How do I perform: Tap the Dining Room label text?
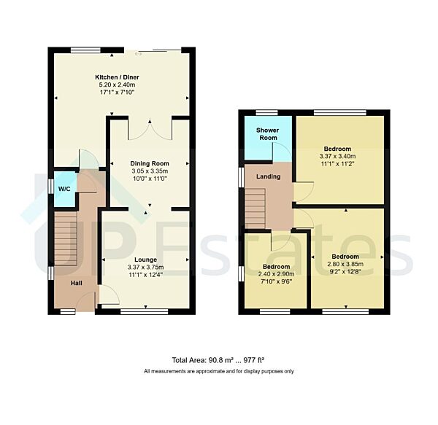[x=150, y=163]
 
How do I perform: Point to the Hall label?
[x=77, y=284]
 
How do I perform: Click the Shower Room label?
[x=267, y=134]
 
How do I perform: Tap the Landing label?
[x=268, y=176]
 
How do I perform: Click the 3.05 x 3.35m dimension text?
[x=150, y=171]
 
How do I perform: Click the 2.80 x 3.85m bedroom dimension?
[x=345, y=265]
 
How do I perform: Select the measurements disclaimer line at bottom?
[x=219, y=371]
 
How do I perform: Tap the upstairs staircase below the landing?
[x=255, y=207]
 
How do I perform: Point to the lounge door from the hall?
[x=107, y=295]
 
